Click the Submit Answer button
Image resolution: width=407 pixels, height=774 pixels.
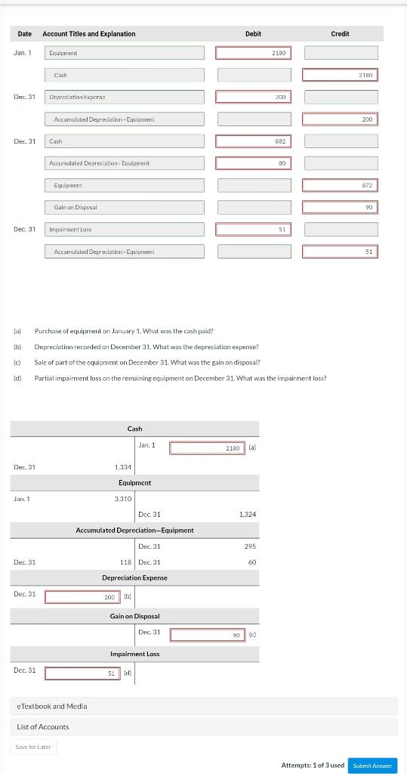tap(372, 765)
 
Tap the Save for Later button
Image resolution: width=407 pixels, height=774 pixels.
tap(33, 747)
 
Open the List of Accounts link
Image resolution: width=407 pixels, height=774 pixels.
tap(43, 726)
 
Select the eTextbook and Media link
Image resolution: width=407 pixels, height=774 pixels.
tap(52, 706)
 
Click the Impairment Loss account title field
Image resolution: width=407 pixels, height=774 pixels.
tap(125, 229)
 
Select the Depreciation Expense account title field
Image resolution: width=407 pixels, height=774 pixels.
tap(125, 98)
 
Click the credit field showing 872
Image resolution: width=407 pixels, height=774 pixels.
tap(340, 185)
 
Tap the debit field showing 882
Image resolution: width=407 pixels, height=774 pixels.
tap(253, 141)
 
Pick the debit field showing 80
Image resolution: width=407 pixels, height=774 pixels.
tap(253, 163)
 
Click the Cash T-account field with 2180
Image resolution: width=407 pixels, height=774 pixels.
tap(207, 448)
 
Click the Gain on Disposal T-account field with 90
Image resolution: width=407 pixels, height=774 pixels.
tap(207, 635)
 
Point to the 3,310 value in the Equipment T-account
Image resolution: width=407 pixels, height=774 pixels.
tap(123, 499)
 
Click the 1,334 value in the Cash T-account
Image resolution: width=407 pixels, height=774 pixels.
tap(123, 467)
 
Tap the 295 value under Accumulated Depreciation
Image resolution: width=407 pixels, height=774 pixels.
tap(250, 546)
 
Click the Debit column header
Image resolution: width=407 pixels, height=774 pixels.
tap(253, 34)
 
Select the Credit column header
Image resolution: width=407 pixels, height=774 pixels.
tap(340, 34)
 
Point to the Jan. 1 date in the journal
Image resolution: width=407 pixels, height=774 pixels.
tap(23, 53)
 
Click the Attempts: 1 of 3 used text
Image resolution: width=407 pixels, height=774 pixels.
tap(312, 765)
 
